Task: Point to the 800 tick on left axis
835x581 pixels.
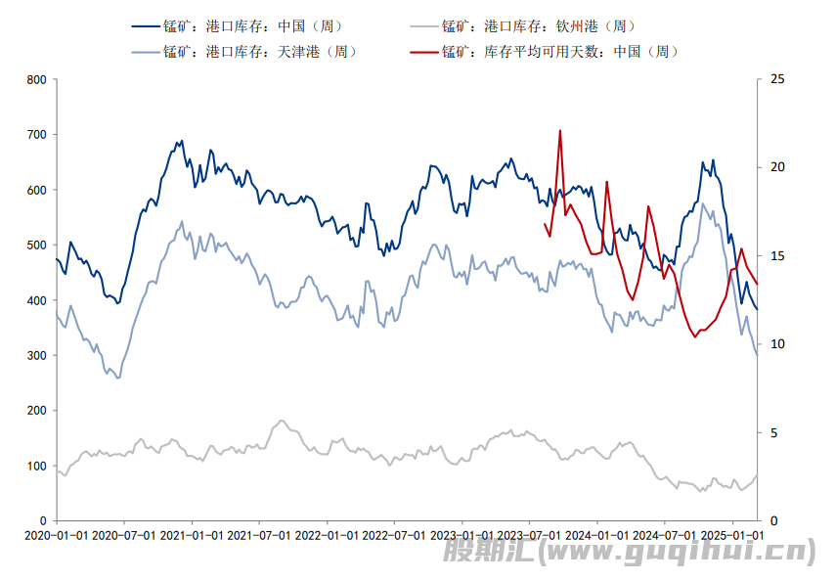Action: [36, 79]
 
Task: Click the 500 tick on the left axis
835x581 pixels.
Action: [36, 245]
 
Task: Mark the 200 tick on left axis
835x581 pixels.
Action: [36, 411]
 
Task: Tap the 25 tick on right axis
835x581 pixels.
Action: [777, 79]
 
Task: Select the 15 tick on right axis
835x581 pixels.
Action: [777, 256]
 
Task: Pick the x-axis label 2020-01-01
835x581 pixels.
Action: [56, 535]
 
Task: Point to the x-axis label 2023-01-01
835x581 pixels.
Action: [461, 535]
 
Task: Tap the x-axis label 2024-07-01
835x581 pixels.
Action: [665, 535]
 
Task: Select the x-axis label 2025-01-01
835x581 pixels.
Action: [732, 535]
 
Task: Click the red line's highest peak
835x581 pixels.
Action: [560, 130]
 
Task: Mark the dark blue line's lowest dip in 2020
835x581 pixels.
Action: [118, 303]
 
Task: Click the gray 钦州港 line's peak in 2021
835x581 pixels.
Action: [282, 421]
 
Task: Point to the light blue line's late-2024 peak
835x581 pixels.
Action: [702, 203]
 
